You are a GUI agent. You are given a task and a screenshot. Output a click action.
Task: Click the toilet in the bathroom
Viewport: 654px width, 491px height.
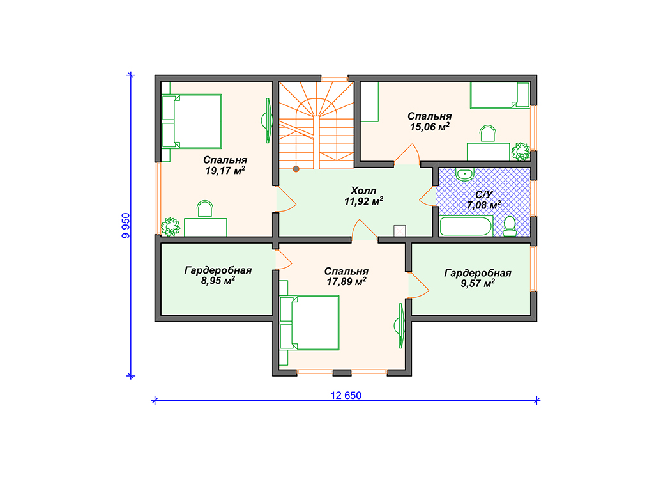510,226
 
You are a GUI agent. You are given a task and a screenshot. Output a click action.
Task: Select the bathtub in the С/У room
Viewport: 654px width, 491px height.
466,226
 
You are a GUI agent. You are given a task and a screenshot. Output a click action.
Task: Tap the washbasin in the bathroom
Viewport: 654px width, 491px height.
465,174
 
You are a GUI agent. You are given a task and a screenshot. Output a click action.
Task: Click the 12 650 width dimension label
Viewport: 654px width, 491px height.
346,395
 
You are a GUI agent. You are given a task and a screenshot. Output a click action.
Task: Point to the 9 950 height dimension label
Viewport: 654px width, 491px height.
126,226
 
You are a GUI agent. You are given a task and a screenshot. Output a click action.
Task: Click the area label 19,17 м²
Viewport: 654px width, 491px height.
225,170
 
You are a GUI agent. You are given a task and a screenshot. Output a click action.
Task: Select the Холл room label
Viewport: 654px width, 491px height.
363,191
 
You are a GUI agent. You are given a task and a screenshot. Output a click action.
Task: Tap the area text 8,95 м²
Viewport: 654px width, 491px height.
218,281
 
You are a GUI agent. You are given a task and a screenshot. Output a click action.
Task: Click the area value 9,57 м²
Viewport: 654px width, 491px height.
478,283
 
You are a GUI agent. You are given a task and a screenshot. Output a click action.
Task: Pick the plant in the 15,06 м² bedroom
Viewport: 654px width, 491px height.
521,151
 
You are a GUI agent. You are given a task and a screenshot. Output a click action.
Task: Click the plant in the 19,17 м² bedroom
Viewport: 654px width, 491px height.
170,227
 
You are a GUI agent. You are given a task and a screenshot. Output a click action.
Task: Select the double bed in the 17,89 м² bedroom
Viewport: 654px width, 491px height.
309,323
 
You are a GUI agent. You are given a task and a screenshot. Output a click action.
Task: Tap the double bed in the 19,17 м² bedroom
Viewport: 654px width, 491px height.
192,121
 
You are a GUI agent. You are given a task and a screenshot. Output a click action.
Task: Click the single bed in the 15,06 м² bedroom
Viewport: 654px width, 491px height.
499,95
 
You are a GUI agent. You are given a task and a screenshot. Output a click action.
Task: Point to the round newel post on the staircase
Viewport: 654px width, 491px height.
296,169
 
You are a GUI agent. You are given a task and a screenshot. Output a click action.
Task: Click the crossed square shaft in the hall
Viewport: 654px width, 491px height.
400,231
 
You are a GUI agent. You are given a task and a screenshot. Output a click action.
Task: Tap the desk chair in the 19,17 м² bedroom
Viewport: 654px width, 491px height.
205,208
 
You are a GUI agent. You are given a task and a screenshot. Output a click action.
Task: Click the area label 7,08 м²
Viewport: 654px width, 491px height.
484,205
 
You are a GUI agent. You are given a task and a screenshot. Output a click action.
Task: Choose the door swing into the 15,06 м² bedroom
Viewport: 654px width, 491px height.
407,153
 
